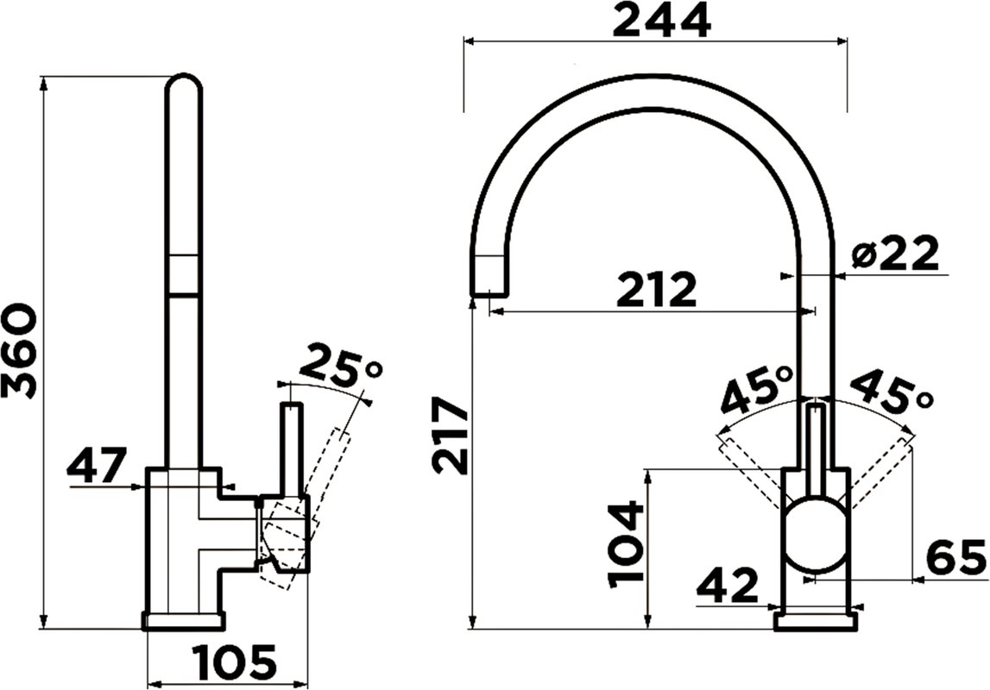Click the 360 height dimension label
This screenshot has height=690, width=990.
coord(16,351)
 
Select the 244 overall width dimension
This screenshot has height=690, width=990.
coord(662,22)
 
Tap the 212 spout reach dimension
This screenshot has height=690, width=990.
coord(657,289)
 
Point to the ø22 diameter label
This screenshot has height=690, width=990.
coord(894,253)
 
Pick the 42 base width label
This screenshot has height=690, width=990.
coord(727,586)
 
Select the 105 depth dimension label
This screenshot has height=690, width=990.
coord(236,662)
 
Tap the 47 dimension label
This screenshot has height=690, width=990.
coord(98,465)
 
